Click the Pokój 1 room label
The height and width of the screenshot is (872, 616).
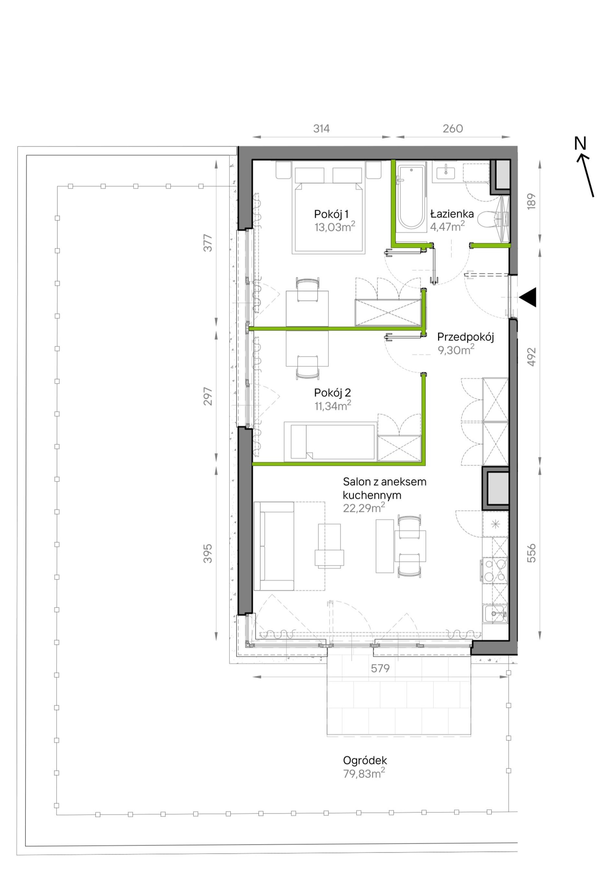(331, 214)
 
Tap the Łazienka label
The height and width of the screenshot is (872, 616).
(452, 214)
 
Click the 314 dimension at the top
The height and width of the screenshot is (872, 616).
(322, 129)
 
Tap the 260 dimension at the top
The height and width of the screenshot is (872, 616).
(453, 129)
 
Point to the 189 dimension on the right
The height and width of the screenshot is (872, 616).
(531, 201)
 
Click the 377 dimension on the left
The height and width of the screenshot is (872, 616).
(208, 243)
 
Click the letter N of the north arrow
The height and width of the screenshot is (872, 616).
(580, 144)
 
